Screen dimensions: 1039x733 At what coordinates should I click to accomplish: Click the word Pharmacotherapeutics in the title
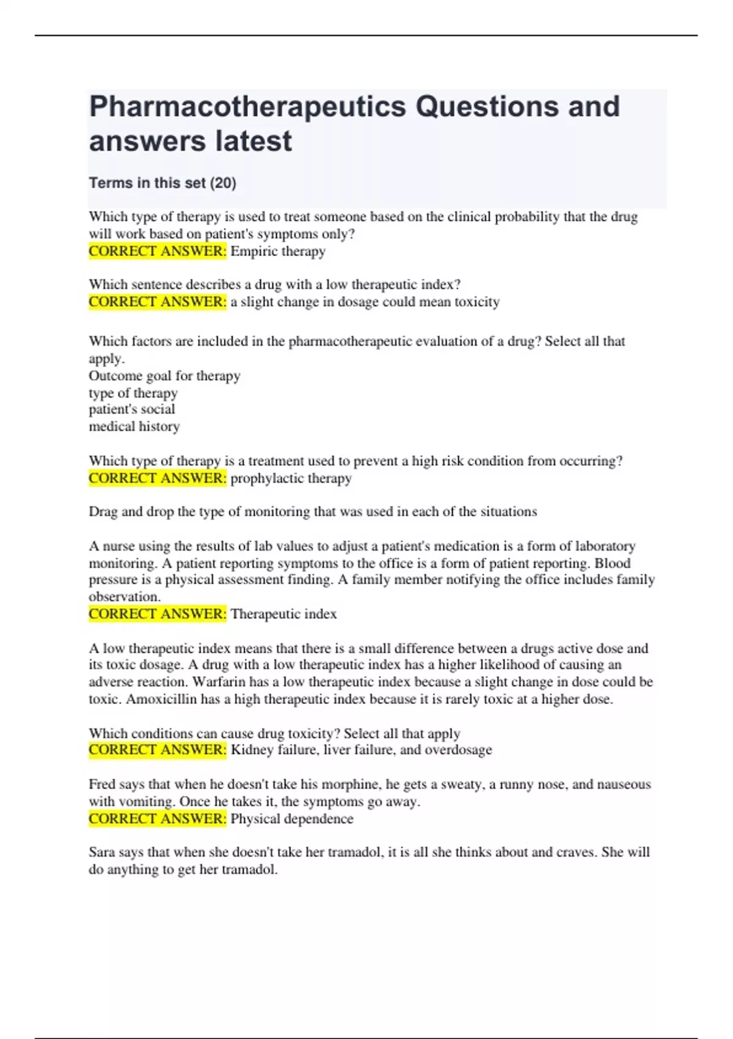click(247, 106)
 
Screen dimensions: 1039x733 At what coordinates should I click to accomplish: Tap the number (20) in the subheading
click(223, 183)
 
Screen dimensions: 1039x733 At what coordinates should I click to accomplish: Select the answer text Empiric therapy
click(278, 251)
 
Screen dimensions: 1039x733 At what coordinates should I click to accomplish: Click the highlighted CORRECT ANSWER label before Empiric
click(157, 251)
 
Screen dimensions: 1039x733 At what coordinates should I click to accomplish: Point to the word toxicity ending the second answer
click(476, 302)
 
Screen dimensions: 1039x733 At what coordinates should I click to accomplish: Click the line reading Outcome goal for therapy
click(164, 376)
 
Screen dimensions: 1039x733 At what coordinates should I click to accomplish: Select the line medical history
click(134, 427)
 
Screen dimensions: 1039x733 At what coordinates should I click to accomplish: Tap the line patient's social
click(132, 409)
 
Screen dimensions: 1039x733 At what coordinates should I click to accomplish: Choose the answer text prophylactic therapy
click(291, 478)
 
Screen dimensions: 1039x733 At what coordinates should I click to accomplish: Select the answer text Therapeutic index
click(283, 614)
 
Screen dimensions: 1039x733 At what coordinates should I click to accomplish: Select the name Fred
click(102, 784)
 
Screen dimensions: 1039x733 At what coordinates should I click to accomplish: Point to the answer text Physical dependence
click(292, 819)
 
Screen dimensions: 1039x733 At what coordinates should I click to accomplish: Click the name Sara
click(101, 852)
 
